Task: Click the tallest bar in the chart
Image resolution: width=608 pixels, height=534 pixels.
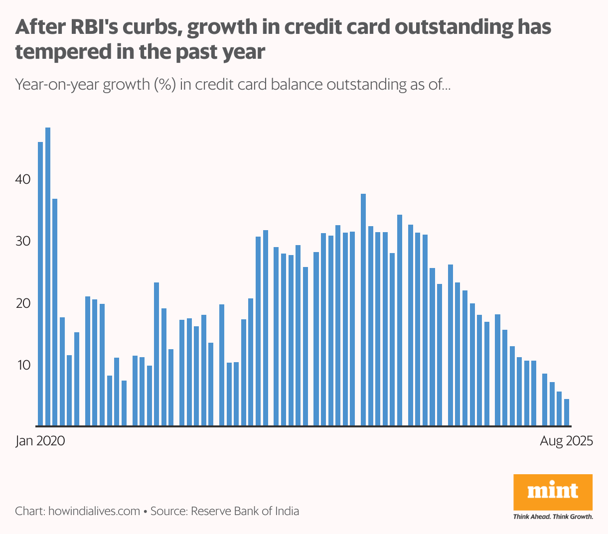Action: point(48,276)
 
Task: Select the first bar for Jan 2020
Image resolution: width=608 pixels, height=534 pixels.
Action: point(40,284)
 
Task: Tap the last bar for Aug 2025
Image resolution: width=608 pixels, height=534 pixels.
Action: point(567,412)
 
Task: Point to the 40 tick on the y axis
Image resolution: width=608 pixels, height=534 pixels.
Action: point(23,179)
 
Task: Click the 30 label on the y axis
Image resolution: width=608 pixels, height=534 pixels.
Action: point(23,241)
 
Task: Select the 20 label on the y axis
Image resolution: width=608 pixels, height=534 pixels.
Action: point(23,303)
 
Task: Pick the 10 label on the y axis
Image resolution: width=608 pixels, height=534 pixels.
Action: point(23,365)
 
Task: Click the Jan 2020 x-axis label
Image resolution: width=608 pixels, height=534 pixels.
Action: point(40,441)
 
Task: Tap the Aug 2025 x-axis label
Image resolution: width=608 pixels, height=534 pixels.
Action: point(567,441)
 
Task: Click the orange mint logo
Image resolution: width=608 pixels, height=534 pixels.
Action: point(553,492)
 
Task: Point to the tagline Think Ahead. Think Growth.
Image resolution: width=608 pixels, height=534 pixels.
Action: point(553,517)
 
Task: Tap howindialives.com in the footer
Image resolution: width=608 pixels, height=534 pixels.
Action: point(94,511)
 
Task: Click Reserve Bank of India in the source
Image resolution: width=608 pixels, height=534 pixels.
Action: point(245,511)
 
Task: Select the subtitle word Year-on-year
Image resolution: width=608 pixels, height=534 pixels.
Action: point(57,85)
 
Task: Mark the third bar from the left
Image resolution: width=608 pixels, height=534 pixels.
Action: point(55,312)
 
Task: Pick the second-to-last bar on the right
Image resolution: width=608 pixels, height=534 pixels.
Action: point(559,408)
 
